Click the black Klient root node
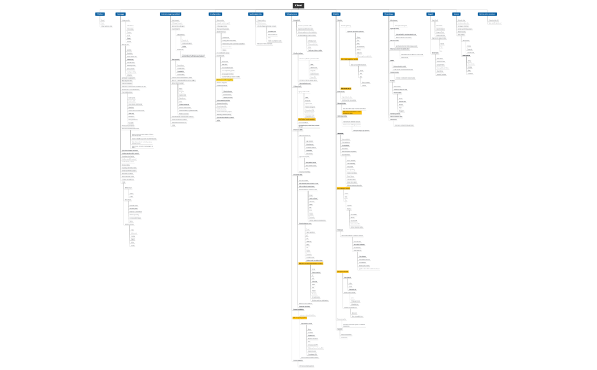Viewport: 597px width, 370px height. click(298, 6)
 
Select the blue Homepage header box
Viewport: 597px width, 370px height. click(121, 14)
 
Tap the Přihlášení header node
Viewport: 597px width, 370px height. click(100, 14)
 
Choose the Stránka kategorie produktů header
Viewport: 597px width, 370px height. click(171, 14)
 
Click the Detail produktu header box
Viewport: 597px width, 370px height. click(215, 14)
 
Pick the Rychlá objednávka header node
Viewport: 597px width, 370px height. click(256, 14)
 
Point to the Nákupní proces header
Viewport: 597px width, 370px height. click(292, 14)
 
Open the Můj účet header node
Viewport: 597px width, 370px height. click(335, 14)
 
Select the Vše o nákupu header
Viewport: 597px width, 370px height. click(389, 14)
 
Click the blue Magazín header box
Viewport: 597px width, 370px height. click(430, 14)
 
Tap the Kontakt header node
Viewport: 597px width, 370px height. click(456, 14)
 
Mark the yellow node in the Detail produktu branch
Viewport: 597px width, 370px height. click(225, 80)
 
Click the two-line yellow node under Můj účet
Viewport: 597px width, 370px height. click(350, 113)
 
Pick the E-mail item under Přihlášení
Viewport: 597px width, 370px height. click(103, 20)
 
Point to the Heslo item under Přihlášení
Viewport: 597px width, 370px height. click(103, 23)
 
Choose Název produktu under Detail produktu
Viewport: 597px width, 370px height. click(221, 20)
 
